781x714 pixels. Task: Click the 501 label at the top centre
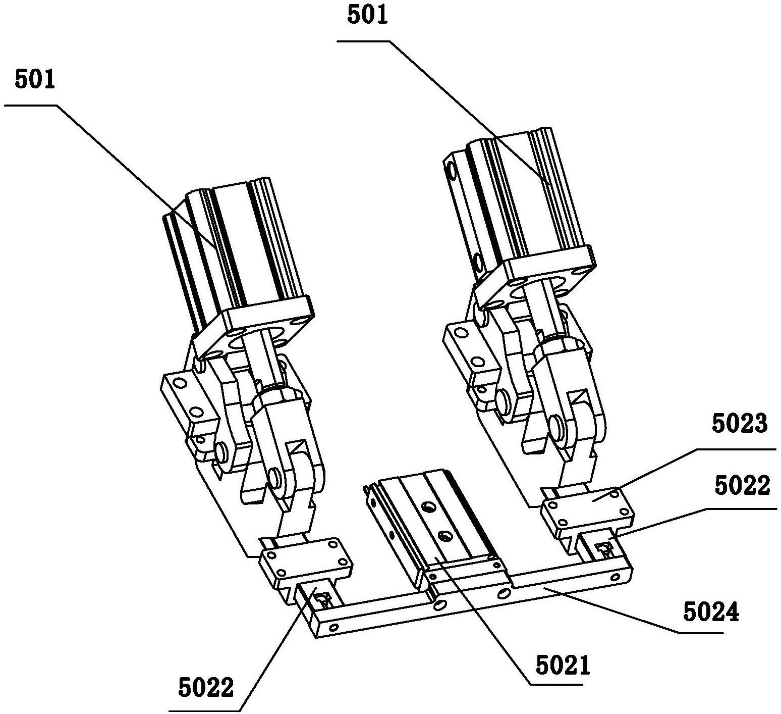click(368, 16)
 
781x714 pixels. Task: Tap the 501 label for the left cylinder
click(35, 80)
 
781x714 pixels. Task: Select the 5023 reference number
click(740, 424)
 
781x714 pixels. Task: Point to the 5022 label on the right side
click(743, 486)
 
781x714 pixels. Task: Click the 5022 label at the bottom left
click(206, 688)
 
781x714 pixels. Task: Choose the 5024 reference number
click(711, 613)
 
